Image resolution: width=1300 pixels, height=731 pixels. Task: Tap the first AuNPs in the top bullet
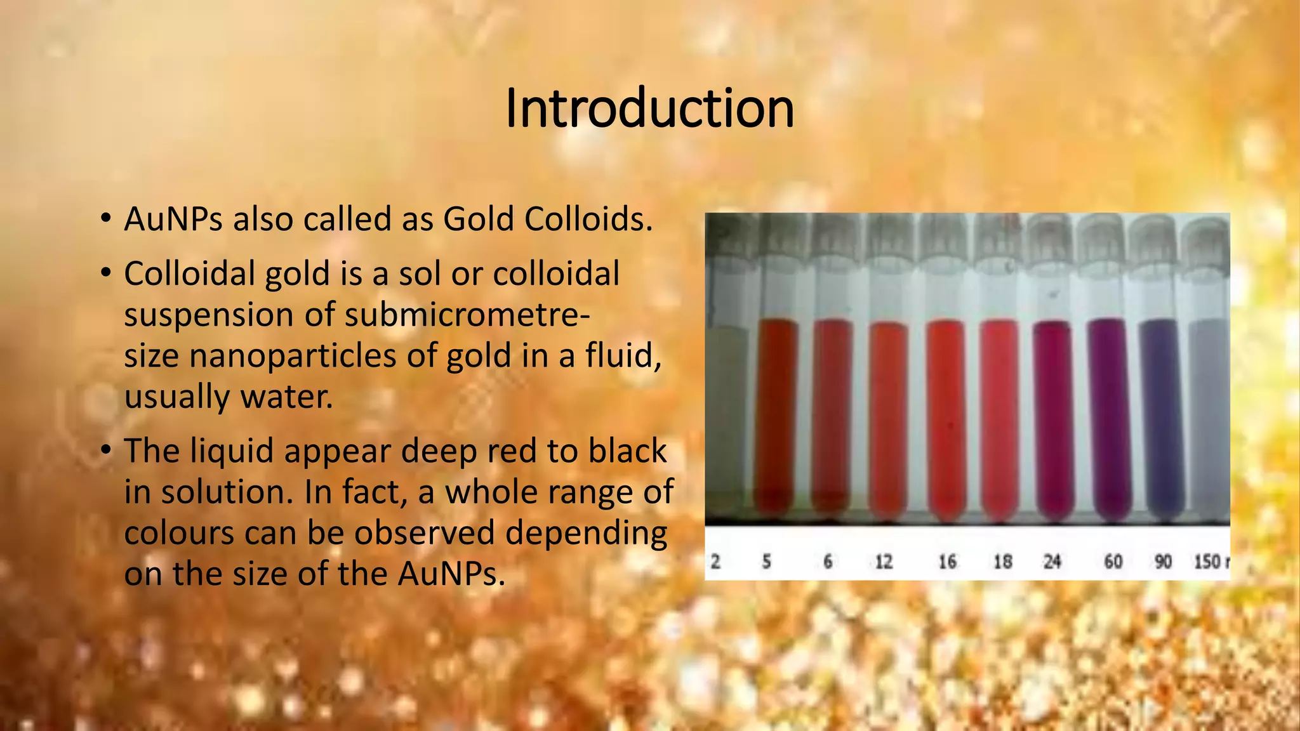pyautogui.click(x=173, y=220)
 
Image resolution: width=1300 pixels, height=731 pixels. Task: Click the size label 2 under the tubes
pyautogui.click(x=715, y=562)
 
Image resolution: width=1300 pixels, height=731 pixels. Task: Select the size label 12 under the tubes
pyautogui.click(x=884, y=562)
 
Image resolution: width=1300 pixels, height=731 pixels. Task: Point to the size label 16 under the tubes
pyautogui.click(x=947, y=562)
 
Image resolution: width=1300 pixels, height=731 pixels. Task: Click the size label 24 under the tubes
pyautogui.click(x=1052, y=562)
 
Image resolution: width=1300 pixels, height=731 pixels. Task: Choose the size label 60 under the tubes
pyautogui.click(x=1113, y=562)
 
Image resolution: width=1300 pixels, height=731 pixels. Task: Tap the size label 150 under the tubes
pyautogui.click(x=1207, y=562)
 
